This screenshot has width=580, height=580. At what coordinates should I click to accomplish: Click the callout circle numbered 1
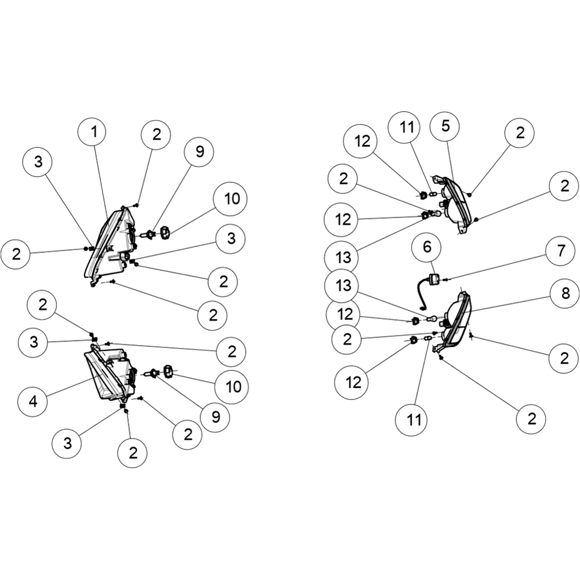click(x=94, y=131)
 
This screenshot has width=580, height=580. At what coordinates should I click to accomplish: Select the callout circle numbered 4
click(x=33, y=400)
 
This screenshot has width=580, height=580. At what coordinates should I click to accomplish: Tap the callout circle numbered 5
click(x=445, y=126)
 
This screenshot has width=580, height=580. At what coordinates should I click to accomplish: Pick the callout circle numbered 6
click(x=427, y=246)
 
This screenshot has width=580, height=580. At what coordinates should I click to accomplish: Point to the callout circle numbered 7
click(x=561, y=251)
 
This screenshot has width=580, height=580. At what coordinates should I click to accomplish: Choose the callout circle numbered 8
click(x=565, y=293)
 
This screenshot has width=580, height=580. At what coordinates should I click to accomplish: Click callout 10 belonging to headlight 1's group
click(x=232, y=199)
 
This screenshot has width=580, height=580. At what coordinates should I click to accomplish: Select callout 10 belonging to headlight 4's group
click(x=233, y=387)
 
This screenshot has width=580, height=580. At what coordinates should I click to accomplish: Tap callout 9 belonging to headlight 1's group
click(x=200, y=151)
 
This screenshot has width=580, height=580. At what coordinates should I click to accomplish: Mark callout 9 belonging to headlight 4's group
click(x=215, y=417)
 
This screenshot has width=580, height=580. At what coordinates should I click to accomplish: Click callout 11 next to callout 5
click(x=407, y=127)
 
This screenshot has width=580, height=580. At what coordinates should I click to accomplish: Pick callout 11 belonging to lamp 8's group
click(x=414, y=420)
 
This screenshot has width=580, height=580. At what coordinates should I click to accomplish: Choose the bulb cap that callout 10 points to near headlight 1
click(x=165, y=233)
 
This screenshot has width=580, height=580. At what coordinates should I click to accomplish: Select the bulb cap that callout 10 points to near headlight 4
click(x=168, y=371)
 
